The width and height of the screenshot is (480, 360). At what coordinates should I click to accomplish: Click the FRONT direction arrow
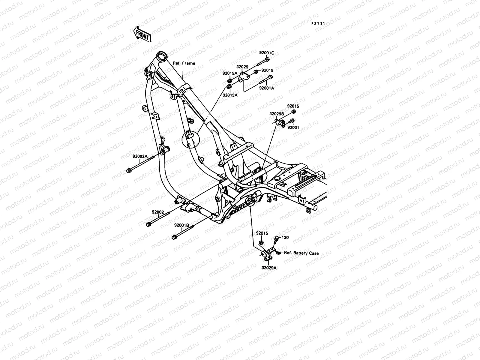click(142, 34)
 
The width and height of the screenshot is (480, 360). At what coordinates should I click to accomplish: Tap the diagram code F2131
click(318, 23)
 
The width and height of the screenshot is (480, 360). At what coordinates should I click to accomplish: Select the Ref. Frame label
click(184, 63)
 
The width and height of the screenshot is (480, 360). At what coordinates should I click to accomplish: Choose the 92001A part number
click(267, 88)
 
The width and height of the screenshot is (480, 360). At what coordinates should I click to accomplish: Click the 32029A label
click(269, 268)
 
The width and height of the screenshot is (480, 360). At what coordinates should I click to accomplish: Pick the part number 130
click(285, 238)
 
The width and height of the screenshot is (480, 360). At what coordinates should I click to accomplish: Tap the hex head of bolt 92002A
click(129, 171)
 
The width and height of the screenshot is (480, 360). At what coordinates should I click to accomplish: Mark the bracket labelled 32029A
click(268, 253)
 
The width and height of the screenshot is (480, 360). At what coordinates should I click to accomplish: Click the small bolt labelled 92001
click(283, 121)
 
